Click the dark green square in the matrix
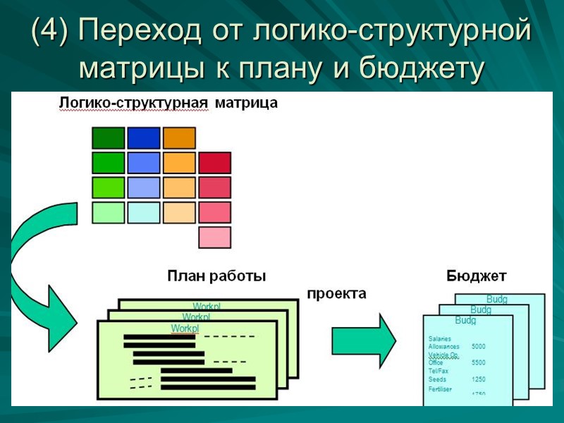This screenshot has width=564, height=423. (x=108, y=137)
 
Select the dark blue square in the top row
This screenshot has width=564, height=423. (x=144, y=137)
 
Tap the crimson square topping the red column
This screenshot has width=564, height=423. (x=215, y=163)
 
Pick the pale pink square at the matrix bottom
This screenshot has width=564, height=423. (x=215, y=237)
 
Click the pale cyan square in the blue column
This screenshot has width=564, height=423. (x=144, y=212)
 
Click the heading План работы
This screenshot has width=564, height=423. (x=216, y=276)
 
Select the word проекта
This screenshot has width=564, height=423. (x=336, y=294)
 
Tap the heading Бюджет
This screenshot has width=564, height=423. (x=476, y=276)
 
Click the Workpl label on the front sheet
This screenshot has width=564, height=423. (x=185, y=329)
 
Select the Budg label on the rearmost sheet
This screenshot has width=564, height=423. (x=497, y=300)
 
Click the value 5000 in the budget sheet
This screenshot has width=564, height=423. (x=479, y=347)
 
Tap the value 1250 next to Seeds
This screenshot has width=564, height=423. (x=479, y=379)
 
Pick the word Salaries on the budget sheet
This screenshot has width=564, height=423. (x=440, y=339)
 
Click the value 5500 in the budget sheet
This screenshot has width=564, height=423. (x=479, y=362)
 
